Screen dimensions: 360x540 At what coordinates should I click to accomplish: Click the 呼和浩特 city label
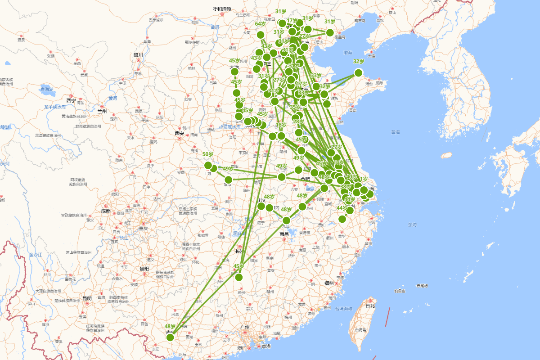[222, 9]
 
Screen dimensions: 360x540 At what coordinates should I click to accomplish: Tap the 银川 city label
[138, 55]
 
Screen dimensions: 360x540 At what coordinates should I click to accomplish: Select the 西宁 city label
[71, 100]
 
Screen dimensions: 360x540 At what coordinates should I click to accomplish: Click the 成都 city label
[105, 210]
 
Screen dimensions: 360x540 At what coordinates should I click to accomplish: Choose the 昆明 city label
[87, 298]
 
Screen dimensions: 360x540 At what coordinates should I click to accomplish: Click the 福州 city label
[328, 283]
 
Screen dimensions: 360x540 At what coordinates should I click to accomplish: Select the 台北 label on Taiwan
[370, 306]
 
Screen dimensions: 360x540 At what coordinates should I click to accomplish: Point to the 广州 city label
[245, 327]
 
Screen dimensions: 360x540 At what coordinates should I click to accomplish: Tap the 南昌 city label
[283, 234]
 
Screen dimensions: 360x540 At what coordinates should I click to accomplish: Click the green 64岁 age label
[261, 24]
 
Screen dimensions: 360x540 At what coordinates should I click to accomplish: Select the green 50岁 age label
[208, 154]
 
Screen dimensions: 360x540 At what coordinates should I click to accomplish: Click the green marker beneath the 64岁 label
[261, 35]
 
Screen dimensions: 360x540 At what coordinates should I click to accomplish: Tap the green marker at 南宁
[170, 337]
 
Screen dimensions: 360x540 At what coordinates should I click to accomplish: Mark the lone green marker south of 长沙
[238, 277]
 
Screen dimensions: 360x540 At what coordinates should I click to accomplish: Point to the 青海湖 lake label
[47, 90]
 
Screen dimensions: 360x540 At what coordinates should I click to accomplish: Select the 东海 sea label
[412, 224]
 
